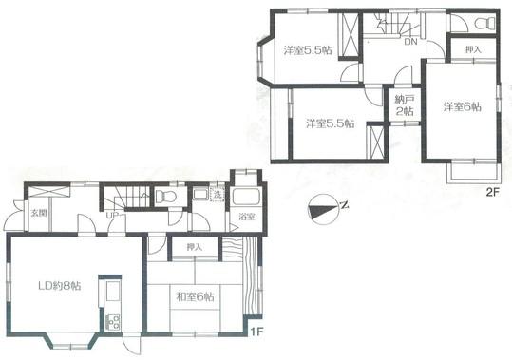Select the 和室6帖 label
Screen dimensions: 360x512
coord(195,295)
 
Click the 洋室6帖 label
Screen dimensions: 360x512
coord(462,106)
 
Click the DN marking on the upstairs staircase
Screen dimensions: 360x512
coord(410,42)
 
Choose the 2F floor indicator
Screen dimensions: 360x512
coord(492,192)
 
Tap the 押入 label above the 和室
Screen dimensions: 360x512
coord(195,248)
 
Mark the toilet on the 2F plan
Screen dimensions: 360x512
coord(484,23)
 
